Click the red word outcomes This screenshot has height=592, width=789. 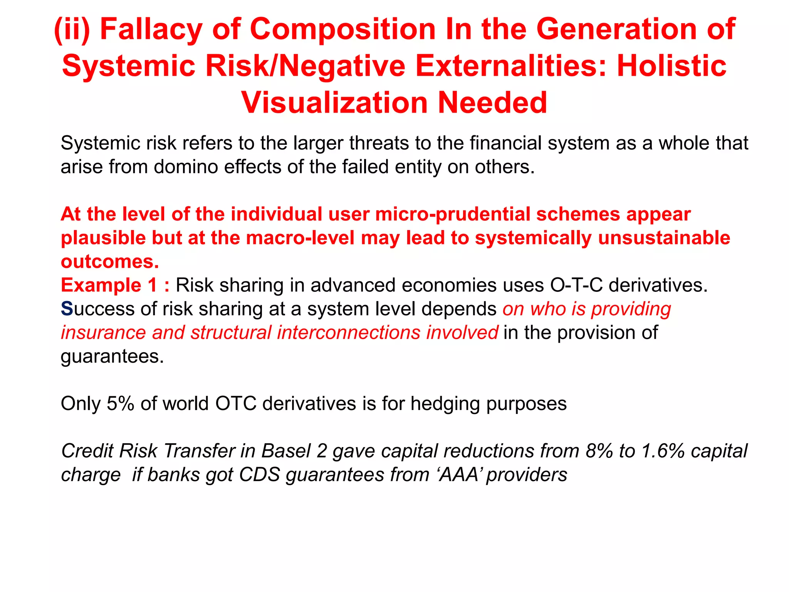click(x=110, y=262)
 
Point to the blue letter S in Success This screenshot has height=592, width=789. click(x=67, y=309)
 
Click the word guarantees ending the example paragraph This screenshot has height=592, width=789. click(x=112, y=357)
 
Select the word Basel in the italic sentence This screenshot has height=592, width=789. click(x=285, y=451)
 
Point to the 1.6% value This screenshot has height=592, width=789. click(x=662, y=451)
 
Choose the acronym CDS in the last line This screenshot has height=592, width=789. click(x=259, y=475)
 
